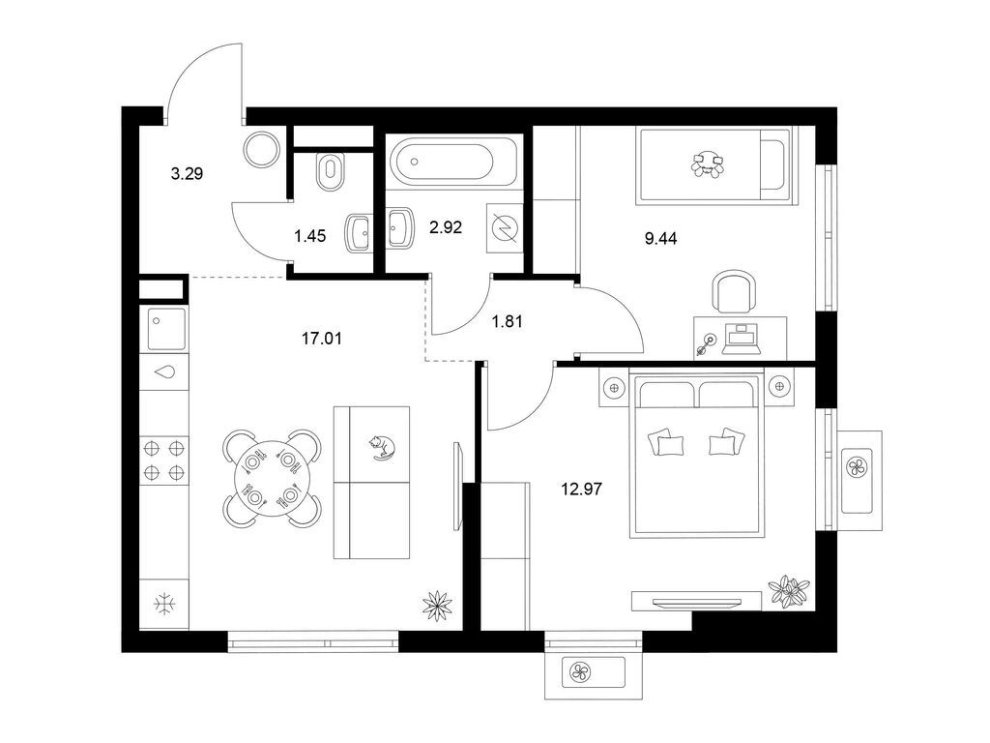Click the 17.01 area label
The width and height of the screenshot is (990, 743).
(321, 339)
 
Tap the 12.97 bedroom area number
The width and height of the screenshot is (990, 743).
(581, 489)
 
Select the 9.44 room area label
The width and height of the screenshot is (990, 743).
(661, 238)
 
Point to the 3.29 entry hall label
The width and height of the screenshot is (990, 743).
(187, 173)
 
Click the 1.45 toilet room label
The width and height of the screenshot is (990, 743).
(310, 236)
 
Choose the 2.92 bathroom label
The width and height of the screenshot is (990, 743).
(446, 226)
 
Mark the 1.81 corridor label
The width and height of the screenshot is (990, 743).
(507, 321)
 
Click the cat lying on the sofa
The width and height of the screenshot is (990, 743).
(382, 447)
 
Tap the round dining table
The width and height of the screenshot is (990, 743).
(272, 479)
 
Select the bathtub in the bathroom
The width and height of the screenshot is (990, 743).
(454, 162)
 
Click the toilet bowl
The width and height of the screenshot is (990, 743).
(330, 171)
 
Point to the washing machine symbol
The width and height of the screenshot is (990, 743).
(505, 227)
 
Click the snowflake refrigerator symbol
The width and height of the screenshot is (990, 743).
(165, 604)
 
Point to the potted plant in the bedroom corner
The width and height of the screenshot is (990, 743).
(789, 591)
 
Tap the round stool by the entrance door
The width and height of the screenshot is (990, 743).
(261, 149)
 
